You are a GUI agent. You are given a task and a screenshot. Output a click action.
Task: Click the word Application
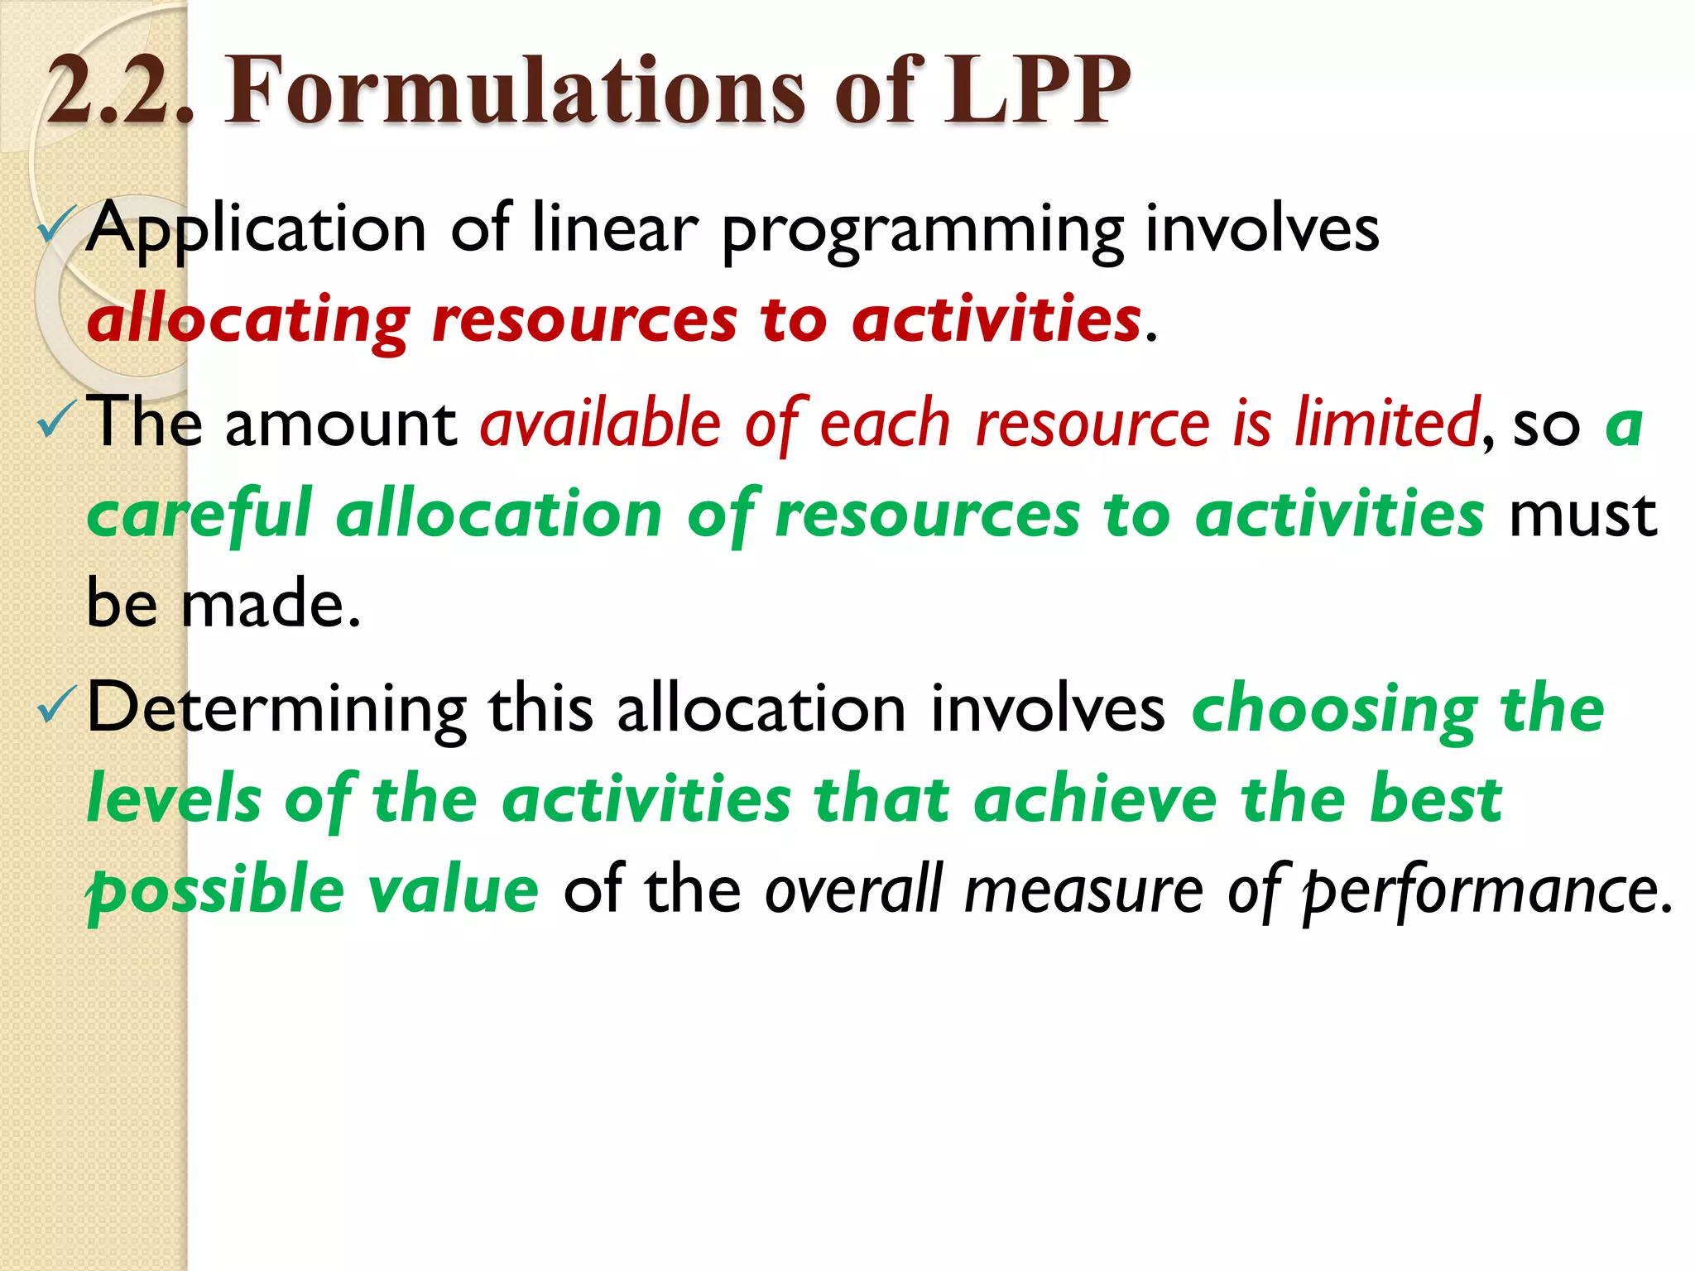click(257, 230)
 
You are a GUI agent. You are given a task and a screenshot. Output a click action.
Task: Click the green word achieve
click(1095, 799)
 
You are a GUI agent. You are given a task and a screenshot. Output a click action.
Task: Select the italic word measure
click(1083, 890)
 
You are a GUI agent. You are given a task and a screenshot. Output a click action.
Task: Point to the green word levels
click(175, 799)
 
